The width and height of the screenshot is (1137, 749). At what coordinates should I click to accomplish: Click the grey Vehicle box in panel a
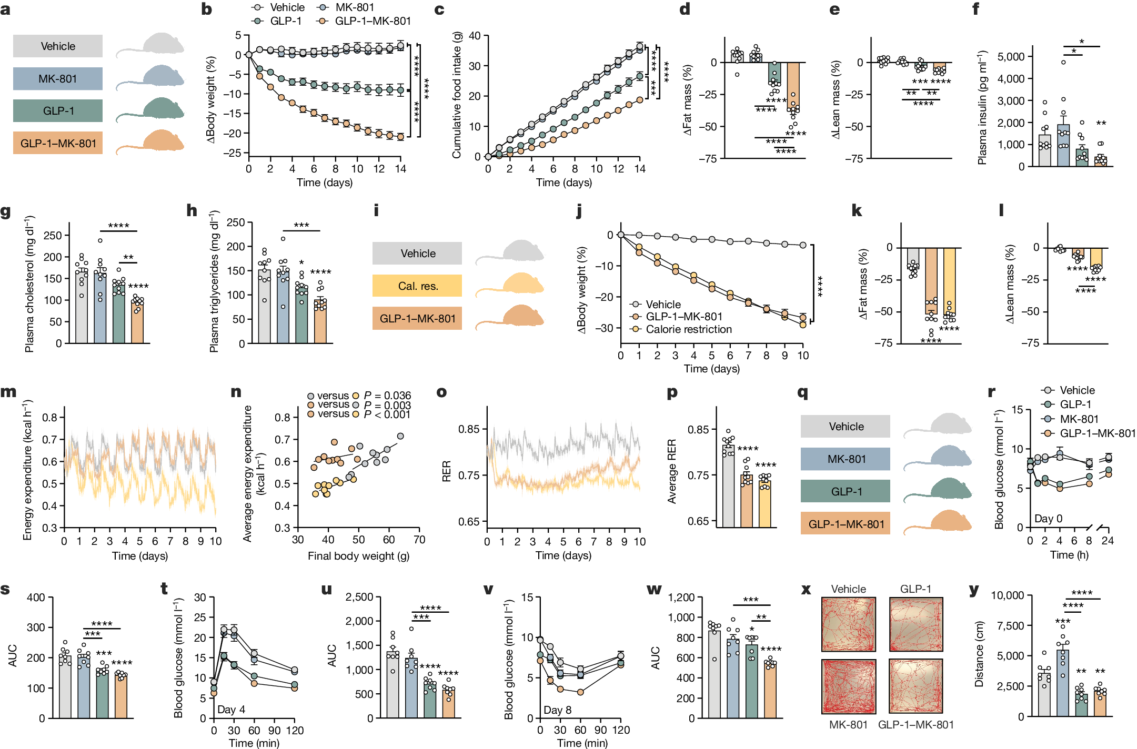(x=58, y=46)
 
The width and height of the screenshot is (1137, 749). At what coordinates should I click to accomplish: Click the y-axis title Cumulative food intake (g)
(x=457, y=95)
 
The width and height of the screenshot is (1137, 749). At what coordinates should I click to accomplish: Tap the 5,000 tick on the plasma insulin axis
(x=1011, y=56)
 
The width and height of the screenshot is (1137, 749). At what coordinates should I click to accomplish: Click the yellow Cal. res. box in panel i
(x=417, y=286)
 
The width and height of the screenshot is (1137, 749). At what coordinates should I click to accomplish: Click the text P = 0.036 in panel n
(x=387, y=396)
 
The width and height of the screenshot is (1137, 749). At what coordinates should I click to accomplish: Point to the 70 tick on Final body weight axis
(x=419, y=540)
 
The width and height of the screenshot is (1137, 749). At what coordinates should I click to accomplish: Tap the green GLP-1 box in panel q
(x=846, y=491)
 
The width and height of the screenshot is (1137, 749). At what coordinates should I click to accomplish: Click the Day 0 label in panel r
(x=1048, y=519)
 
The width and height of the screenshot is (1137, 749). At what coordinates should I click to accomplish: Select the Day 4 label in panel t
(x=231, y=709)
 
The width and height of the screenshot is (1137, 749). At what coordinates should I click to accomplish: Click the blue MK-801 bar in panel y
(x=1062, y=683)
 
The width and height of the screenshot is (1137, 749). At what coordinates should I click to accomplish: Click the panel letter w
(x=654, y=590)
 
